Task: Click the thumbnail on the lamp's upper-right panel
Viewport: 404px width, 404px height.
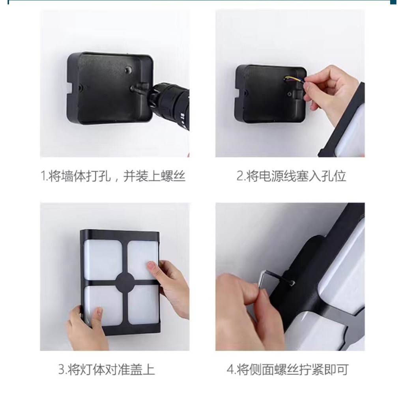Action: pyautogui.click(x=151, y=266)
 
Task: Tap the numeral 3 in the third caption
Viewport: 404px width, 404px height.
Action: pyautogui.click(x=62, y=369)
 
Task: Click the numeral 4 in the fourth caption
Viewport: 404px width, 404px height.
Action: pyautogui.click(x=230, y=369)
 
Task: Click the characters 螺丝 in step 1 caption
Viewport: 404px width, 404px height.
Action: pyautogui.click(x=173, y=176)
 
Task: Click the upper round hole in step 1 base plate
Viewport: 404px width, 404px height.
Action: pyautogui.click(x=128, y=69)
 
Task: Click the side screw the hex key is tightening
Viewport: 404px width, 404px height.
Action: pyautogui.click(x=292, y=283)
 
